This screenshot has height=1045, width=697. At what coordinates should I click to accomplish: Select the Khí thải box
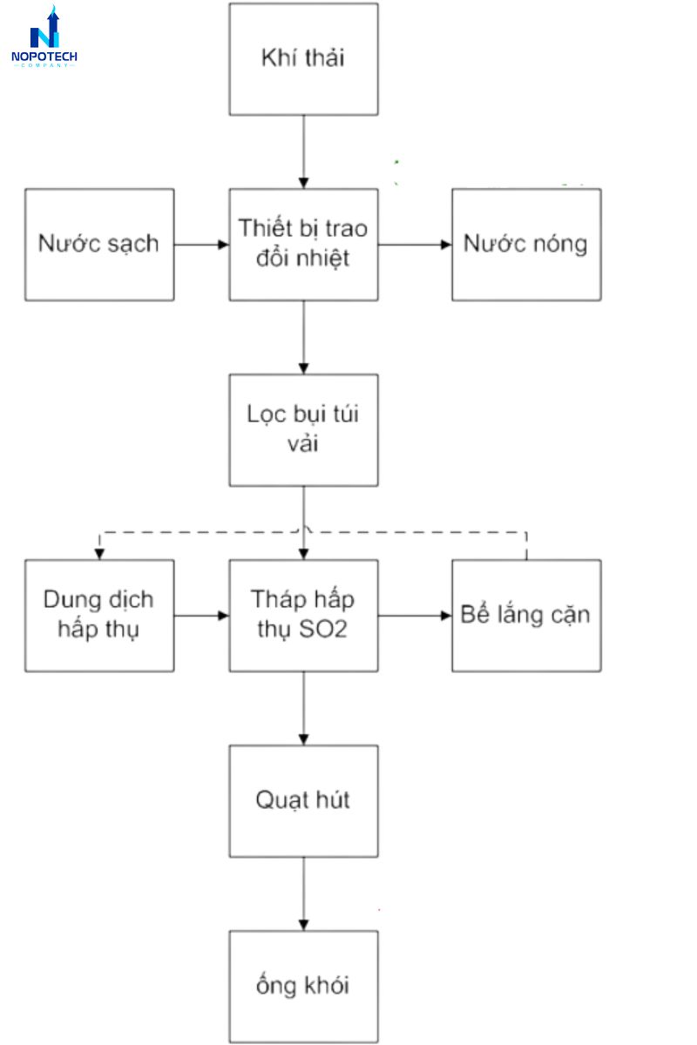pos(303,59)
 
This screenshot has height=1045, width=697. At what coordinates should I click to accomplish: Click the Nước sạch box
pos(99,245)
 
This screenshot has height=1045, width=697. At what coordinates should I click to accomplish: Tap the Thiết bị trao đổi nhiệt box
pos(303,245)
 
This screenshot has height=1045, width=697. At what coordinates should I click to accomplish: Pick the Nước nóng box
pos(525,245)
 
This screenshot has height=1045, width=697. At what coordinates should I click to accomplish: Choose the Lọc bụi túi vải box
pos(303,430)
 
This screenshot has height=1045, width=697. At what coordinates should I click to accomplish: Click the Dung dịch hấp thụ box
pos(99,616)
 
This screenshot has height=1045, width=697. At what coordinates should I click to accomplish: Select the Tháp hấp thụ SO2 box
pos(303,616)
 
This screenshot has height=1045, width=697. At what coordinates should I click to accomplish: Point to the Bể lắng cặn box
pos(525,616)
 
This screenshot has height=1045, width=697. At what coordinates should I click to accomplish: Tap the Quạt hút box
pos(303,800)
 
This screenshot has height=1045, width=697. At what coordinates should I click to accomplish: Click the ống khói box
pos(303,986)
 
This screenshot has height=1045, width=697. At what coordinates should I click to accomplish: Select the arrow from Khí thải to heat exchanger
pos(303,152)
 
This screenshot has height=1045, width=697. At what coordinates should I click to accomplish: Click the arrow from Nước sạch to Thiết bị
pos(201,245)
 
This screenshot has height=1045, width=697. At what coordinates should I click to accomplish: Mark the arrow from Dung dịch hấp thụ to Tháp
pos(201,616)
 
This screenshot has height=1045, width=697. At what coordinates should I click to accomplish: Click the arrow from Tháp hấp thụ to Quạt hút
pos(303,708)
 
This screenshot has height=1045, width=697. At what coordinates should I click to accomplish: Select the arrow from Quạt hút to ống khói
pos(303,893)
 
